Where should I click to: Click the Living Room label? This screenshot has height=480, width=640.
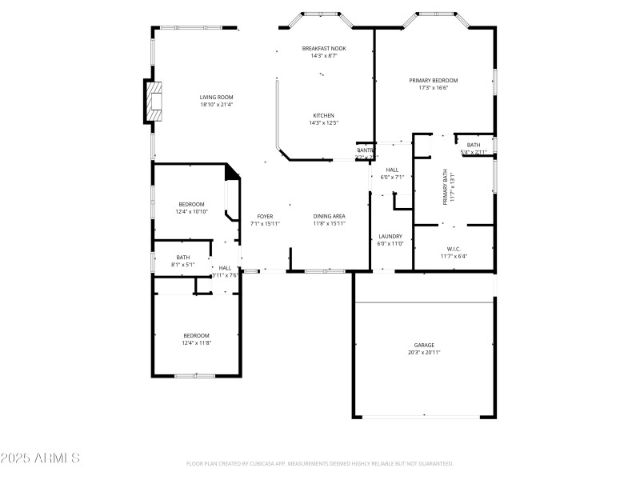point(217,97)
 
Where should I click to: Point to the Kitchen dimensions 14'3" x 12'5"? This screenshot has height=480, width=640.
point(323,122)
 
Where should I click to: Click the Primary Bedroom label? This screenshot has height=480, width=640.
point(433,81)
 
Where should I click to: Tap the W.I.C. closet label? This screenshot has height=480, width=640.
point(452,249)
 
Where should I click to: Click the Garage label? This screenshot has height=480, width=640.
point(424,345)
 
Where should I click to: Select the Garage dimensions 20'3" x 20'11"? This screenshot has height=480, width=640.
point(424,352)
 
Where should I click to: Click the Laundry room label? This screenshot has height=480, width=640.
point(390,236)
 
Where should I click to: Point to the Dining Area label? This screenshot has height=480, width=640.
point(329,216)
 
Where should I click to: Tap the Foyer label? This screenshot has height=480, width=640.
point(265,216)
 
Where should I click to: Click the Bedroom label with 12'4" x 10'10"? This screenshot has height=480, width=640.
point(191,204)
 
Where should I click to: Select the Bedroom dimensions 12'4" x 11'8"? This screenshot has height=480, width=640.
point(196,342)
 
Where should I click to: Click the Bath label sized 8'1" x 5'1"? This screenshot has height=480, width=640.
point(183,258)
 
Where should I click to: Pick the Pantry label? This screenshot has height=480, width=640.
point(366,150)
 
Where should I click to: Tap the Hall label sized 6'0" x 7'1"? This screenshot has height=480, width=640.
point(392,170)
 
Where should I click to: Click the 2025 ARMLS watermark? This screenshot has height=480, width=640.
point(40,458)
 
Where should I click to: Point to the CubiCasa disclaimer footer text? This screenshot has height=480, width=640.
point(319,463)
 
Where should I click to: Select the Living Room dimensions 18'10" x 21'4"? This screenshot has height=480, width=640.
point(217,104)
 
